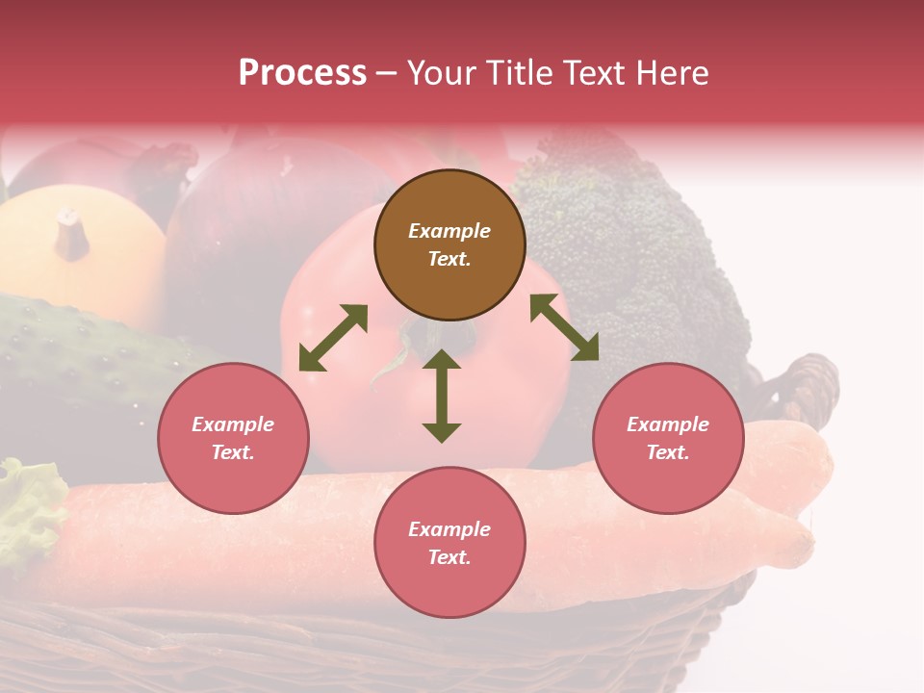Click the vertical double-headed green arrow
point(442,396)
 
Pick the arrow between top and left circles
point(333,338)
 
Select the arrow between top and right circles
point(564,327)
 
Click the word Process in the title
point(302,73)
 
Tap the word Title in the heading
point(515,73)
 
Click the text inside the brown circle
point(449,244)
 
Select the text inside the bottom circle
point(449,543)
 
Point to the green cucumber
point(77,356)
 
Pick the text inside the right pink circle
point(668,438)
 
